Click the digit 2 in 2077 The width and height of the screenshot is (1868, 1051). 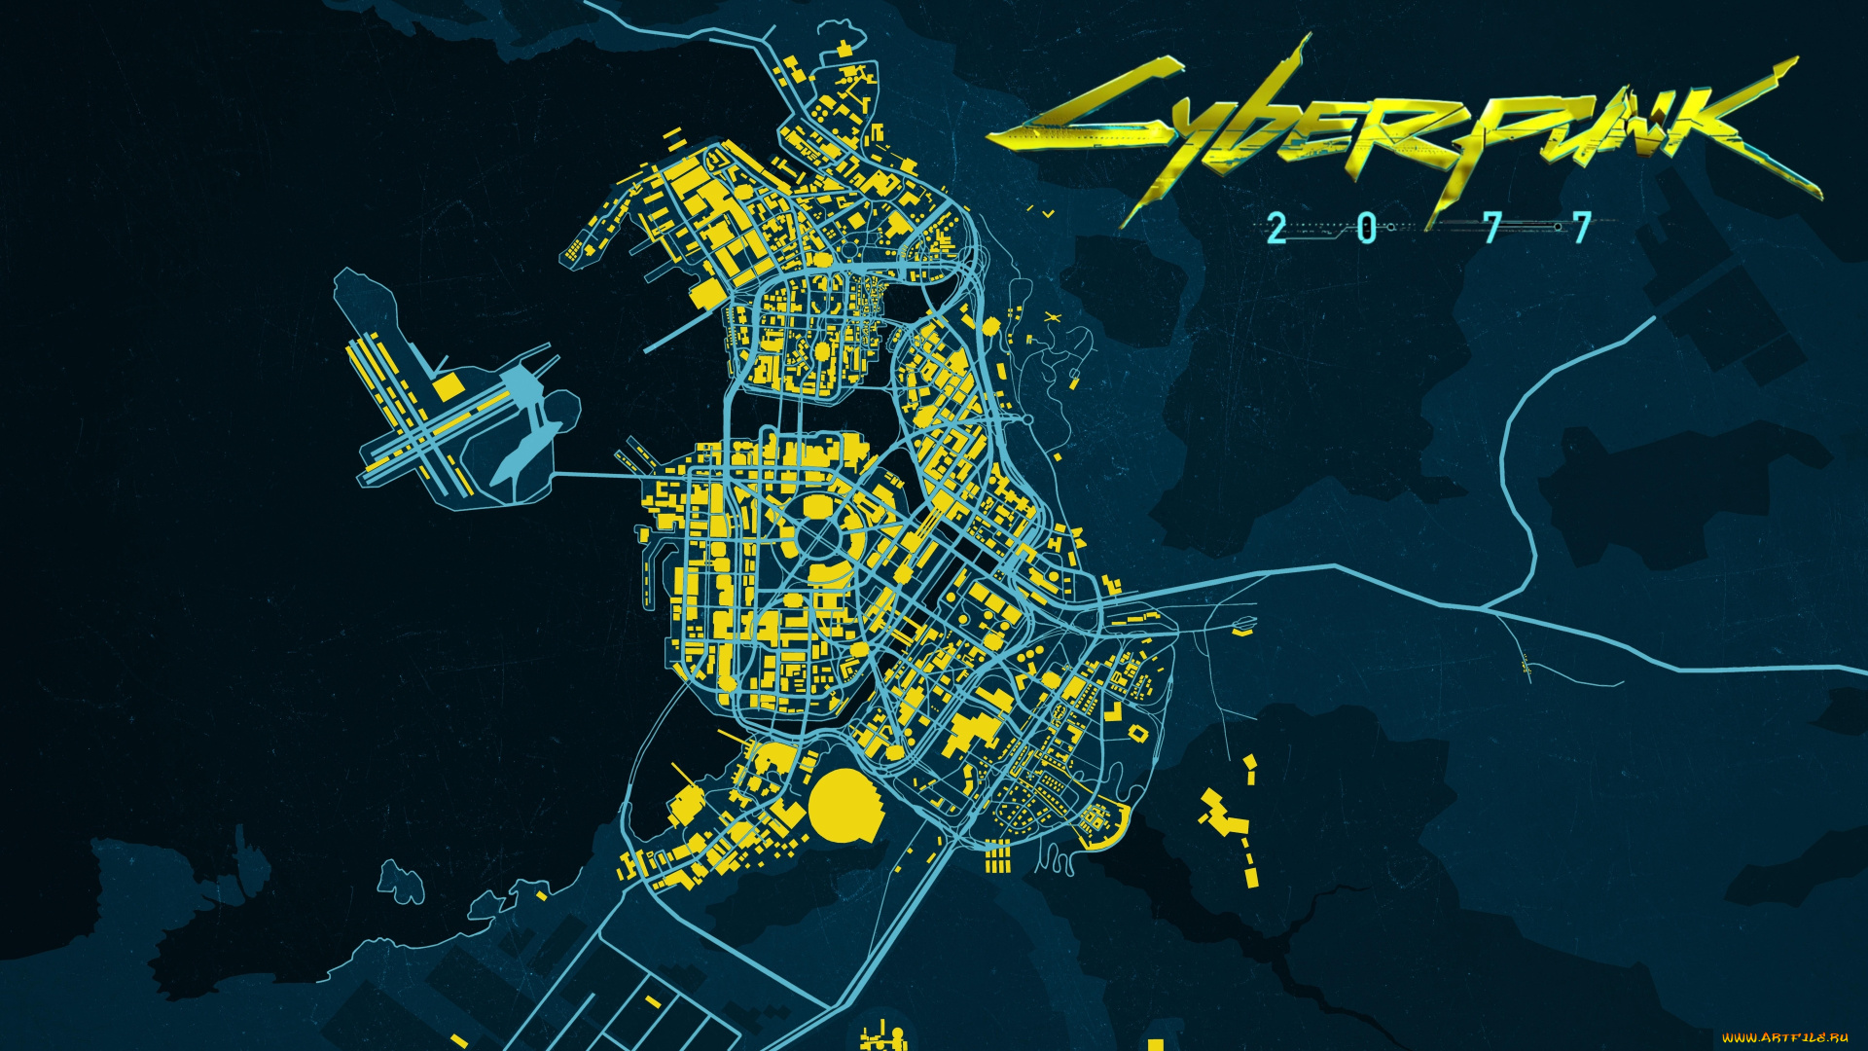pos(1276,229)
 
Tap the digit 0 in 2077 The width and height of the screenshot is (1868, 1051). pos(1367,229)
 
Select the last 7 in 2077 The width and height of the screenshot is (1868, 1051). pos(1583,229)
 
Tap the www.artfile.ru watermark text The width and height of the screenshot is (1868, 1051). pos(1784,1038)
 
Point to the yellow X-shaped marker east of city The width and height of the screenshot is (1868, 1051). pos(1051,317)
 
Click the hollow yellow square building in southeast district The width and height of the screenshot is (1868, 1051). pos(1137,732)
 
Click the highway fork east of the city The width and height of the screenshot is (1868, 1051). pos(1483,609)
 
